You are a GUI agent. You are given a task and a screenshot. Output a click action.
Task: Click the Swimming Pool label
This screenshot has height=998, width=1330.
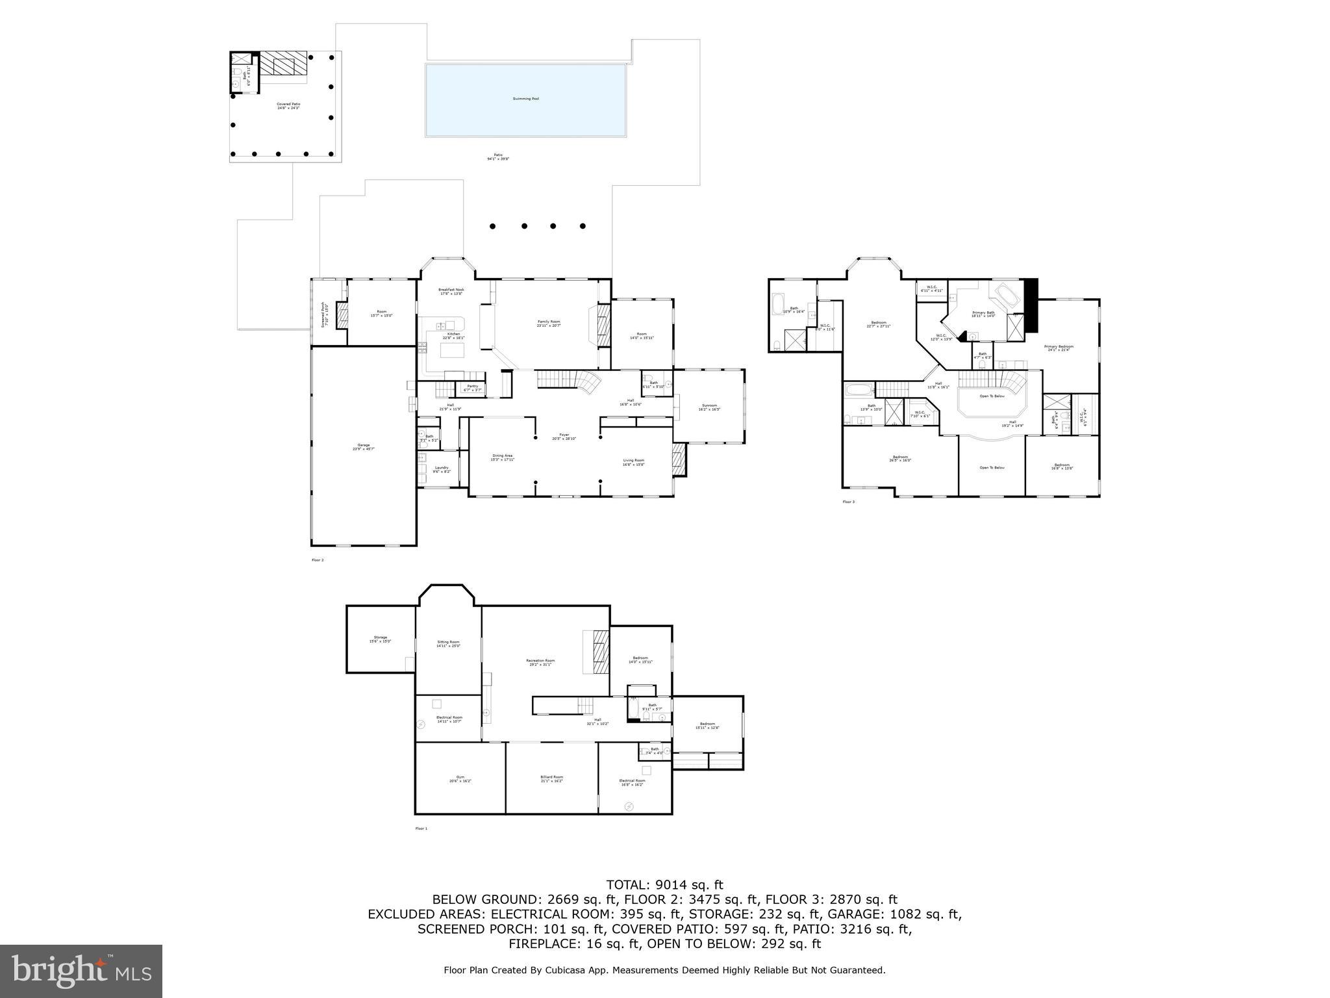(x=525, y=99)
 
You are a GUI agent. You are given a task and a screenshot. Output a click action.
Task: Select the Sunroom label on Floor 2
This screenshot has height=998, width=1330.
(x=709, y=407)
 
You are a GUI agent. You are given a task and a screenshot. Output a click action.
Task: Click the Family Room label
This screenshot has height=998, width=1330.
(x=548, y=323)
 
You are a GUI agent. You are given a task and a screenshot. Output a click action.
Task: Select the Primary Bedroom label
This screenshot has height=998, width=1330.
(x=1059, y=348)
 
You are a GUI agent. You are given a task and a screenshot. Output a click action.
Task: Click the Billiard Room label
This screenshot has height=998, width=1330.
(x=551, y=778)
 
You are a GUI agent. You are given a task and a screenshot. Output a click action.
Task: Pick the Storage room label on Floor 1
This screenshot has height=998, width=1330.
(x=380, y=639)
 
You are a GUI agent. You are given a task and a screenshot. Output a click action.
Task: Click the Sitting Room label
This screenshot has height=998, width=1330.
(x=448, y=643)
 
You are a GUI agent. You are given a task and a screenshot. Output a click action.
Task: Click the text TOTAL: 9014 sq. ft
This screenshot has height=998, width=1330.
(x=664, y=885)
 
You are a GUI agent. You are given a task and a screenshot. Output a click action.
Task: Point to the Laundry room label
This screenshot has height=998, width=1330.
(x=441, y=469)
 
